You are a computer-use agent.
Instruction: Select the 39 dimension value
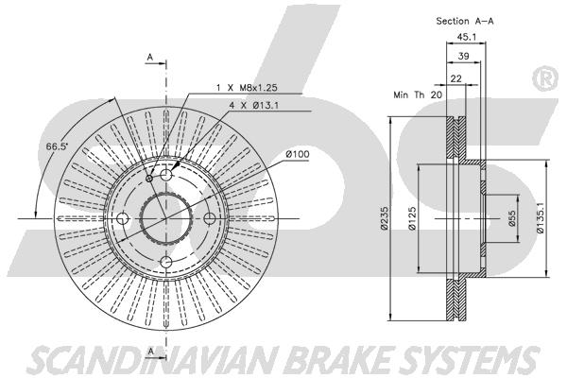pyautogui.click(x=463, y=57)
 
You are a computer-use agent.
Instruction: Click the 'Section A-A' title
pyautogui.click(x=465, y=20)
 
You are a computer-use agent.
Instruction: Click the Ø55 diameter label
pyautogui.click(x=511, y=219)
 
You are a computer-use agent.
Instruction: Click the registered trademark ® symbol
pyautogui.click(x=545, y=79)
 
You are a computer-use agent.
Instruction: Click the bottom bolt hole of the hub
pyautogui.click(x=165, y=262)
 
